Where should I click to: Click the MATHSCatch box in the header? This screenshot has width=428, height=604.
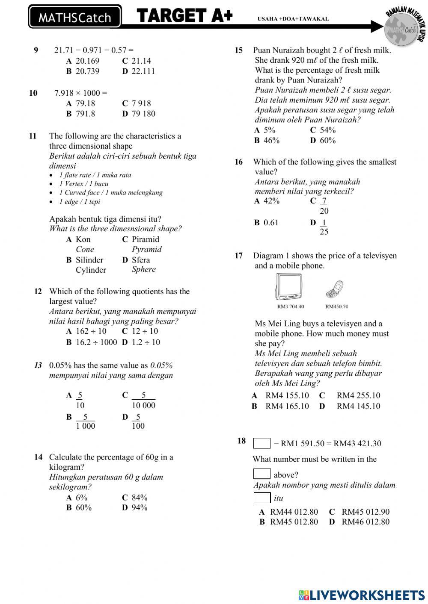pos(75,17)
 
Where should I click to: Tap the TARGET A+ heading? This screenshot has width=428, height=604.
pos(185,16)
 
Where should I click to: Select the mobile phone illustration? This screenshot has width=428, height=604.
pos(335,289)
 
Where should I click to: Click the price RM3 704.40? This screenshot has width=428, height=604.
pos(291,306)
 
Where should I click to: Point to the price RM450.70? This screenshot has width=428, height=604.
pos(337,306)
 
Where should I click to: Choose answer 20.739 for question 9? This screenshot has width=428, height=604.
pos(87,71)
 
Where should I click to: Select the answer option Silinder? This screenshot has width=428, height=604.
pos(89,260)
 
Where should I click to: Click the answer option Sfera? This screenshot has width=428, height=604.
pos(141,260)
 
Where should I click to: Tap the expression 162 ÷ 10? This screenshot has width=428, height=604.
pos(91,331)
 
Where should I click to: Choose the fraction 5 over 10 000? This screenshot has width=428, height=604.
pos(143,401)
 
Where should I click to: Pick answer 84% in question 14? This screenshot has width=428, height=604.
pos(140,498)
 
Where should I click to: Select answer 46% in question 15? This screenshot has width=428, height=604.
pos(271,141)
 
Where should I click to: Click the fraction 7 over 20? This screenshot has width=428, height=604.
pos(324,206)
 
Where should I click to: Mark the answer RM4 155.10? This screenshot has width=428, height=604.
pos(287,396)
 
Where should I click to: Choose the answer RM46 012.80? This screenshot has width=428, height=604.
pos(366,522)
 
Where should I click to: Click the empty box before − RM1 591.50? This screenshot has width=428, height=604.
pos(262,443)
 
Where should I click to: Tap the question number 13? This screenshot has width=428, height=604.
pos(38,365)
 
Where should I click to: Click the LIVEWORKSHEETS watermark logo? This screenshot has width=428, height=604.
pos(362,595)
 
